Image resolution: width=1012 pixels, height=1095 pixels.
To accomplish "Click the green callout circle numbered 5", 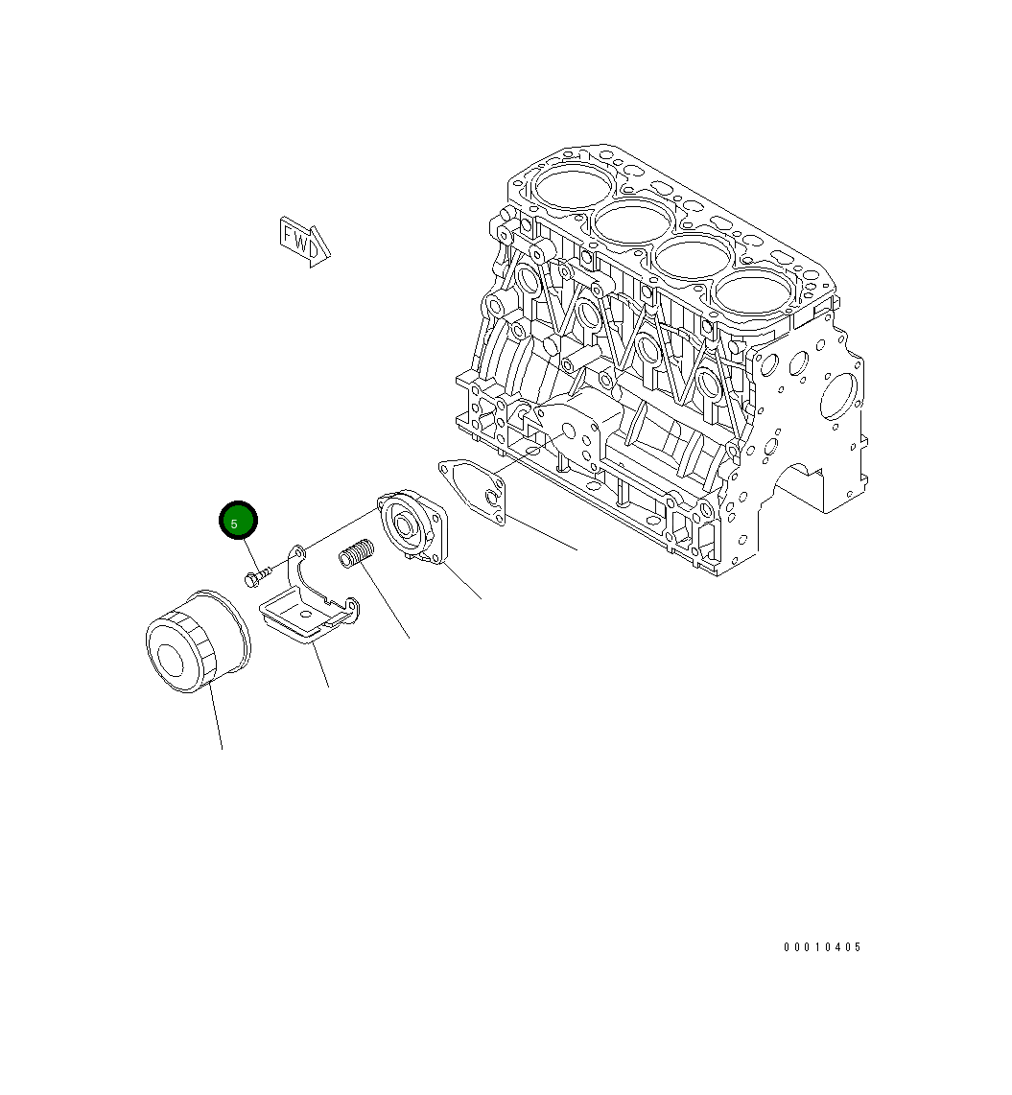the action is point(238,521).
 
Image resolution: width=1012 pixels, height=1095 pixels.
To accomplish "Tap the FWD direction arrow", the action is point(304,241).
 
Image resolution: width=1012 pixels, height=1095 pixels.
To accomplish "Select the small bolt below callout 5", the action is point(257,575).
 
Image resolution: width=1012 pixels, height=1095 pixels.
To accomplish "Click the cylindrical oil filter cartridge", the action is point(198,641).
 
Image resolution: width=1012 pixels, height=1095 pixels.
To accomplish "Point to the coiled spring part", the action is point(356,554).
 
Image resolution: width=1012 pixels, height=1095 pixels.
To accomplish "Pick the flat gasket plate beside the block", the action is point(472,491).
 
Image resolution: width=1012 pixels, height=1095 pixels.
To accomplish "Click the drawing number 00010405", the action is point(822,947).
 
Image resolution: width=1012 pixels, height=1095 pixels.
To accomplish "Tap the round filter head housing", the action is point(412,526).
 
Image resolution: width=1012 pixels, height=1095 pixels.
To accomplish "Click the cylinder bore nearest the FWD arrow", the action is point(574,186).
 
